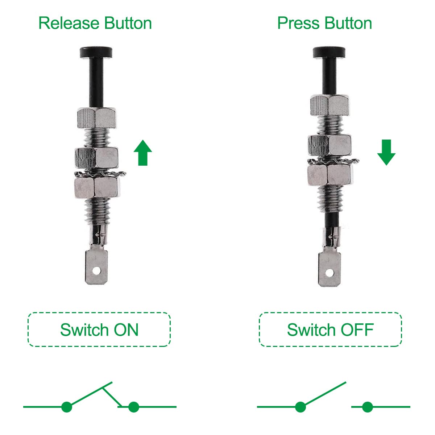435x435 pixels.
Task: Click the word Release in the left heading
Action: [69, 23]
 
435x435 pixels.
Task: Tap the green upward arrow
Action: [143, 153]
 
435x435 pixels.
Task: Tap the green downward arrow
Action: [386, 153]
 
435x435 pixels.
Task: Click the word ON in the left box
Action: [126, 330]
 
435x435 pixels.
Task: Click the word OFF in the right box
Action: [357, 330]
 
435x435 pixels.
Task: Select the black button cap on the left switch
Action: [96, 52]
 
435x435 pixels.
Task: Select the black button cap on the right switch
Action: [329, 52]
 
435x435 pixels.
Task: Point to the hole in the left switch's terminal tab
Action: [96, 271]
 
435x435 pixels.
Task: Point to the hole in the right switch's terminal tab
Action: [330, 273]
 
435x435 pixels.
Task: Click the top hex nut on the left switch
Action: [97, 118]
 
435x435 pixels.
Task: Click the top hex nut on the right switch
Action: [330, 105]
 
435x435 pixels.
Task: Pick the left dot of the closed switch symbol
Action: [67, 407]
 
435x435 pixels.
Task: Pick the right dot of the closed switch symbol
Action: [134, 407]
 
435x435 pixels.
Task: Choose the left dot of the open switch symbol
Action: [301, 407]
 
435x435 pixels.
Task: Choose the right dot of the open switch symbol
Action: [368, 407]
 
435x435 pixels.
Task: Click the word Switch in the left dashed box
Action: [84, 330]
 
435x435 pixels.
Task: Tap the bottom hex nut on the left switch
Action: [97, 187]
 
